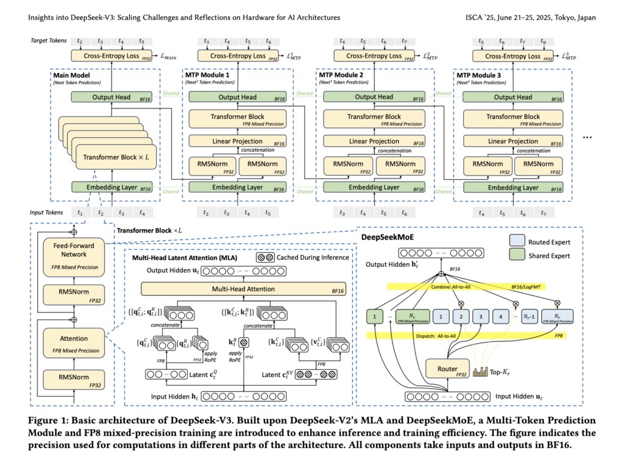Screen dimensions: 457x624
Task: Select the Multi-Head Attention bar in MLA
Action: (x=240, y=288)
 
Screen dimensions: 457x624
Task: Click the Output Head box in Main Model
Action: (x=112, y=97)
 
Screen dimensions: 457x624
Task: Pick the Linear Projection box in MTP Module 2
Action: (x=374, y=141)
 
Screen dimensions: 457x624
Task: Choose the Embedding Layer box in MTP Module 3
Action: (x=513, y=187)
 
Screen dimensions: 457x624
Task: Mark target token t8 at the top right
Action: (x=543, y=41)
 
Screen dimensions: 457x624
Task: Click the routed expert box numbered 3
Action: (x=481, y=316)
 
